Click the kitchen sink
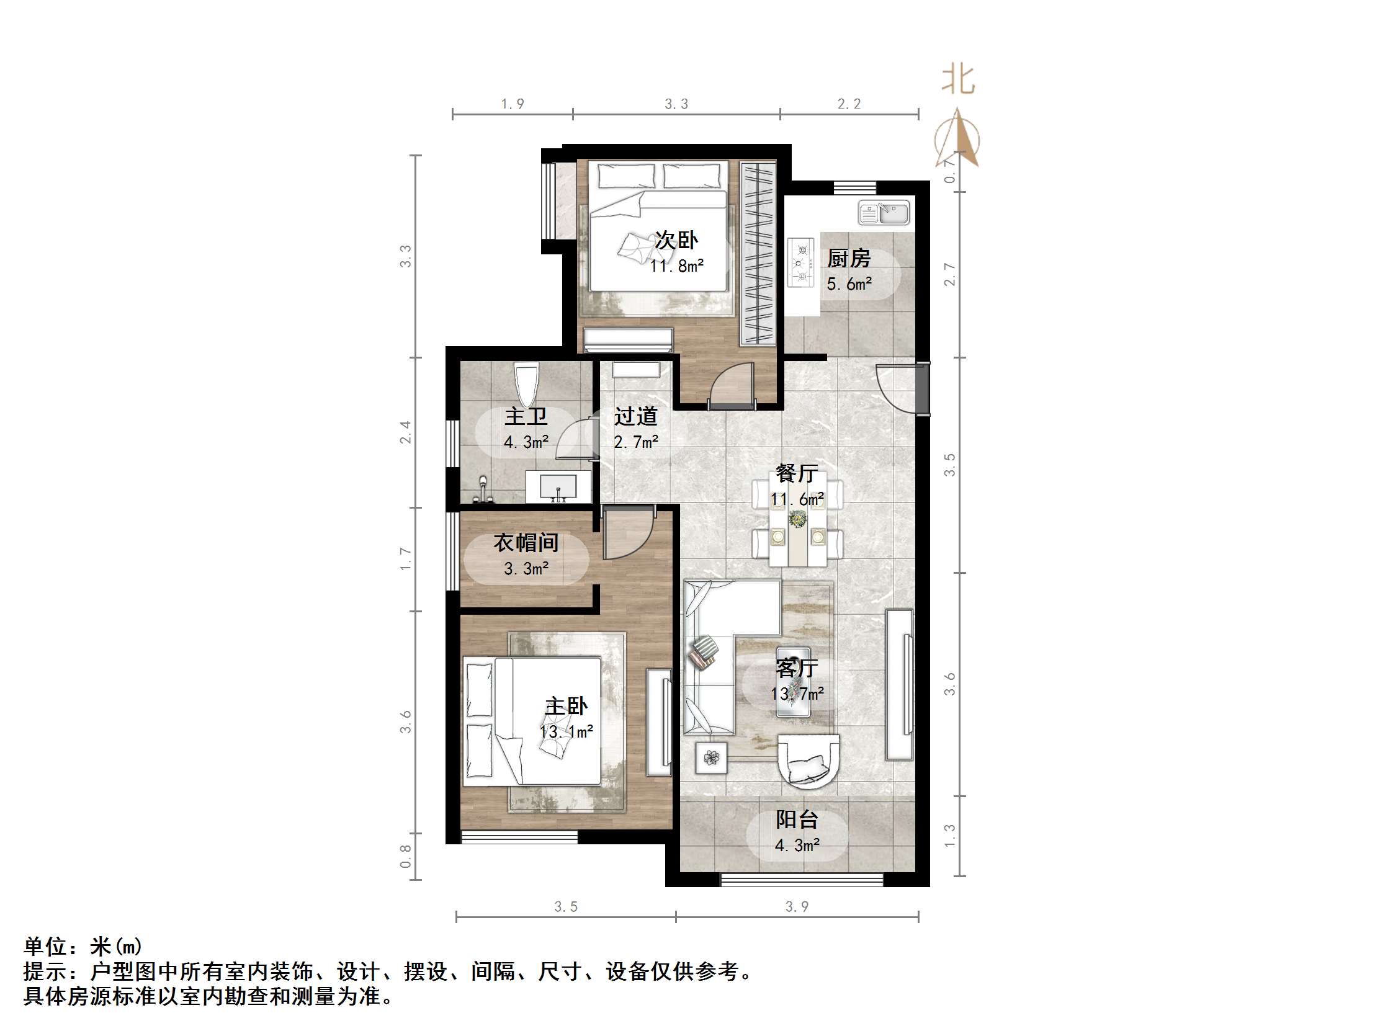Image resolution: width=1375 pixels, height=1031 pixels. [x=884, y=213]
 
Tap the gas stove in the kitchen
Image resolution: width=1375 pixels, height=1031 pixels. [x=800, y=262]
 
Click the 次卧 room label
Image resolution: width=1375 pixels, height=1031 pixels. [x=676, y=240]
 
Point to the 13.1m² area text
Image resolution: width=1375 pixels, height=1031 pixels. [x=567, y=731]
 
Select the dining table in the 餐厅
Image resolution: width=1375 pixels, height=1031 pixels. [x=797, y=519]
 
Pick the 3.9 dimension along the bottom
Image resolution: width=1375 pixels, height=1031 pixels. [x=797, y=907]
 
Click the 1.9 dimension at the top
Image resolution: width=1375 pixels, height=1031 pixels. [x=513, y=104]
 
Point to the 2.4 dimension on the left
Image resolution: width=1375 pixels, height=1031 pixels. [x=405, y=432]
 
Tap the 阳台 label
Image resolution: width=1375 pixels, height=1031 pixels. [x=797, y=819]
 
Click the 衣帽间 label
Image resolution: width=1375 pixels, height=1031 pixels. [x=526, y=543]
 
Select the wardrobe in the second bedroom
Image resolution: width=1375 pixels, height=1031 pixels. [x=758, y=253]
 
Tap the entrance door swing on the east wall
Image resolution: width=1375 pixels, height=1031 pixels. [x=895, y=385]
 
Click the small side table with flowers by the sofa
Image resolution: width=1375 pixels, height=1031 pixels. [x=711, y=757]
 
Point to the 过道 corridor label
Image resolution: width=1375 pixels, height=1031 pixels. [x=636, y=416]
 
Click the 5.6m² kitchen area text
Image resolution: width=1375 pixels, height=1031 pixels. [x=849, y=285]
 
